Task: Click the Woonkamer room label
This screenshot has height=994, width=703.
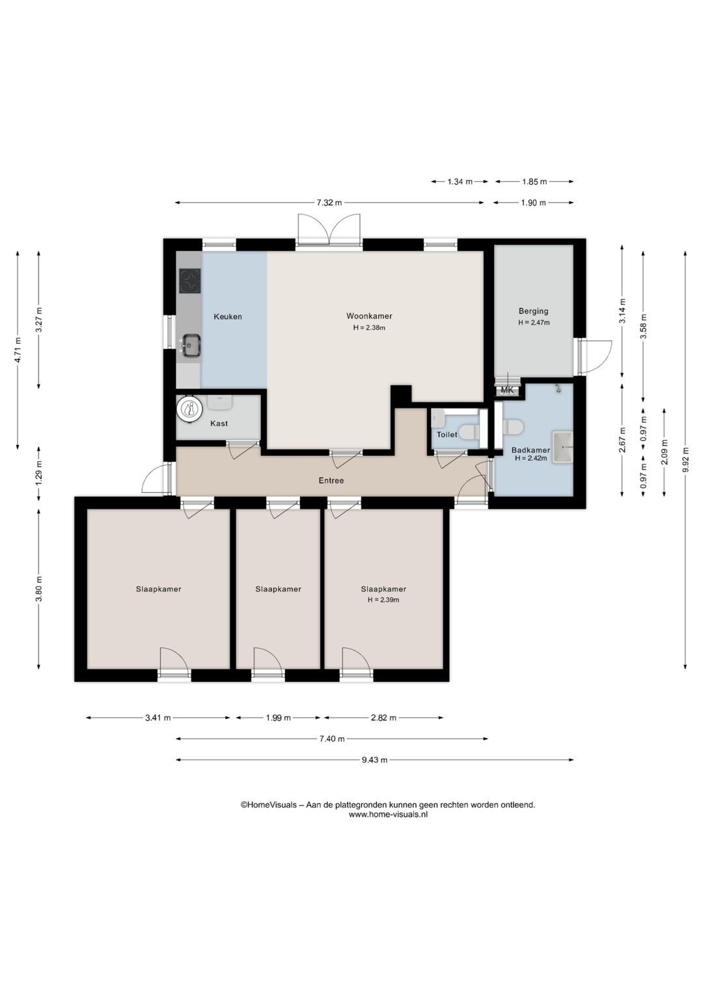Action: pos(369,317)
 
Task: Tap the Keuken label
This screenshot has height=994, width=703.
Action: pos(228,317)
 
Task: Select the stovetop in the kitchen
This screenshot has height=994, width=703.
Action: pos(190,281)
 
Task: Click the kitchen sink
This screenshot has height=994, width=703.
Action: pos(191,345)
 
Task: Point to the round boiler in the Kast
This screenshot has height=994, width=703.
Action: pos(189,408)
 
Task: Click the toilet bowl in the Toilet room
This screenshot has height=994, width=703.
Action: pos(469,431)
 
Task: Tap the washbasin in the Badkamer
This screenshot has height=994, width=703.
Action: pos(562,447)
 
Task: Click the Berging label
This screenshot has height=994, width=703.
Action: pos(534,311)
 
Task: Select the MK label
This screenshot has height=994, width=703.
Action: pos(507,390)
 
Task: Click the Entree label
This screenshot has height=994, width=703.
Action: pos(331,481)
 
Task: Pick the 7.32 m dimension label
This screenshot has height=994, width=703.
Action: pos(329,203)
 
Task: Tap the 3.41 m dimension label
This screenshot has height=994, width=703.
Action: pos(158,718)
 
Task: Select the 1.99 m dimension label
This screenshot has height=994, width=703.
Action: pos(279,718)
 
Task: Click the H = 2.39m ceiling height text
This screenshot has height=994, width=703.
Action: pos(383,600)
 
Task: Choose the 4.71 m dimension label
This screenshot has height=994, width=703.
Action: pos(18,350)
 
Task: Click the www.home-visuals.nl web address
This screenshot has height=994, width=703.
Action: pos(388,814)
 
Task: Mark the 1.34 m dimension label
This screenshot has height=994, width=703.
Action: pos(460,182)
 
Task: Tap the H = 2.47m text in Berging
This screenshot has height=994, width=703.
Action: pos(534,322)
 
